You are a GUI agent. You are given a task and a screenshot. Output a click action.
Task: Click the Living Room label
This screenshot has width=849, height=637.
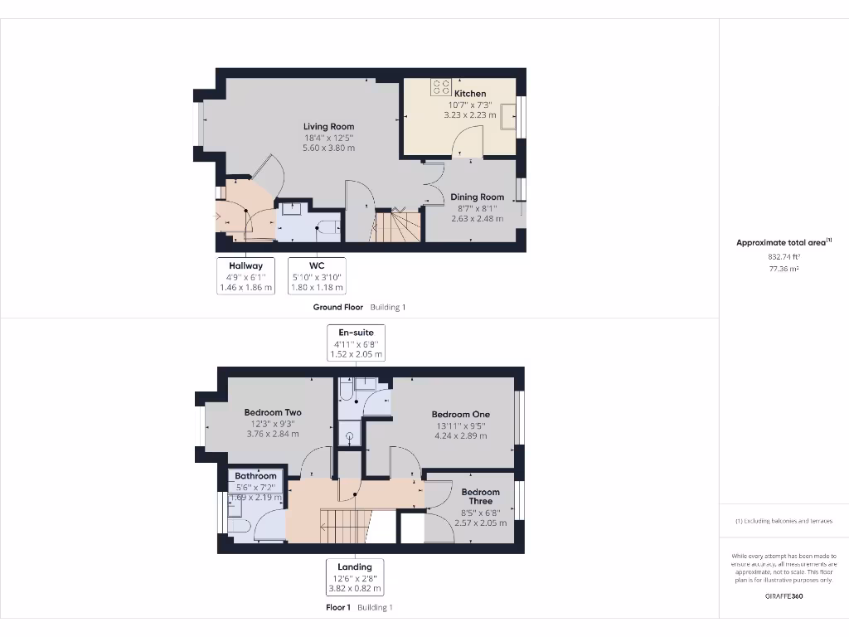(x=328, y=127)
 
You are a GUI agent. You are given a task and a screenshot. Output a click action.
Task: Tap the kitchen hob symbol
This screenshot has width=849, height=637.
(x=441, y=86)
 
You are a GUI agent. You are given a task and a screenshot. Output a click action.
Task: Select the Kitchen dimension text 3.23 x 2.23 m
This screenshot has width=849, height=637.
(x=469, y=115)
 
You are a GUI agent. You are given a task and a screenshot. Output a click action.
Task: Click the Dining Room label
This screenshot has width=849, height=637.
(x=477, y=197)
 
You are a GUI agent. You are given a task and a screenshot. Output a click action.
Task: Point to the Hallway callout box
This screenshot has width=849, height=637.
(x=245, y=276)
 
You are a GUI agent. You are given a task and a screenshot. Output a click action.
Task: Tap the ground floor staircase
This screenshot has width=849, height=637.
(x=399, y=226)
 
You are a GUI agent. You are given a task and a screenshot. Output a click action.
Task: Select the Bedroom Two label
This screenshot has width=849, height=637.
(x=273, y=412)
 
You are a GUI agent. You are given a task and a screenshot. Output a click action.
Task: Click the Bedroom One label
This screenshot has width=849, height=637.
(x=460, y=415)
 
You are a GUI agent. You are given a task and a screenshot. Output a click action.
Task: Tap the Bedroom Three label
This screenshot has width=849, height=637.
(x=480, y=496)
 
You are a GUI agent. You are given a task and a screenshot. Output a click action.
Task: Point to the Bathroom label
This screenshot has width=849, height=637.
(x=255, y=476)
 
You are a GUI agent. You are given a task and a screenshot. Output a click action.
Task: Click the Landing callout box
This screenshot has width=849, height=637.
(x=354, y=577)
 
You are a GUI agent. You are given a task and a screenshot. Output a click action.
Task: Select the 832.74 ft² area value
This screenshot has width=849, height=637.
(x=784, y=257)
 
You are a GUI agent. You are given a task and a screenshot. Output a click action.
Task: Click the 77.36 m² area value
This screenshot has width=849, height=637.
(x=784, y=269)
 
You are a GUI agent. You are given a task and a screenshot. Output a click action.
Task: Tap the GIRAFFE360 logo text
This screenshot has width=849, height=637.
(x=784, y=596)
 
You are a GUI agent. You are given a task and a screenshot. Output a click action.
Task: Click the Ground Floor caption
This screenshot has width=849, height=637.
(x=337, y=307)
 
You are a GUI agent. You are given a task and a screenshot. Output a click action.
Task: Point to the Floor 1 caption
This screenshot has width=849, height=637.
(x=337, y=607)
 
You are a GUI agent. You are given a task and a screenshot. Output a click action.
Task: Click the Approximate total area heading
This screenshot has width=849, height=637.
(x=781, y=242)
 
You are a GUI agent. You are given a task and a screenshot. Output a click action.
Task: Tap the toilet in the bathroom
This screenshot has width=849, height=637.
(x=238, y=526)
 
